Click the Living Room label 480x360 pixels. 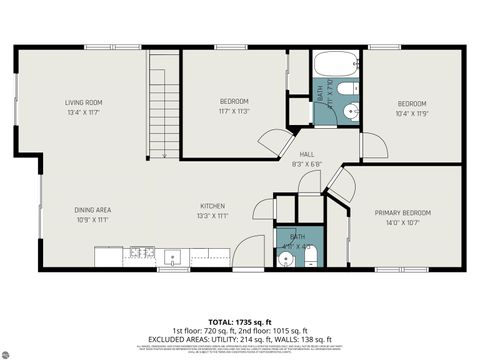click(x=85, y=103)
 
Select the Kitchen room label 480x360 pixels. click(x=213, y=205)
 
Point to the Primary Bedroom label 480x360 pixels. click(x=403, y=213)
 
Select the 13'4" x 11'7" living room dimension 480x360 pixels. click(x=85, y=113)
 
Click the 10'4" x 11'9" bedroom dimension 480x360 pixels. click(x=412, y=113)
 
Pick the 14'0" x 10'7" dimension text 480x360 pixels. click(x=403, y=223)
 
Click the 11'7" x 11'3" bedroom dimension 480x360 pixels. click(x=234, y=112)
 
